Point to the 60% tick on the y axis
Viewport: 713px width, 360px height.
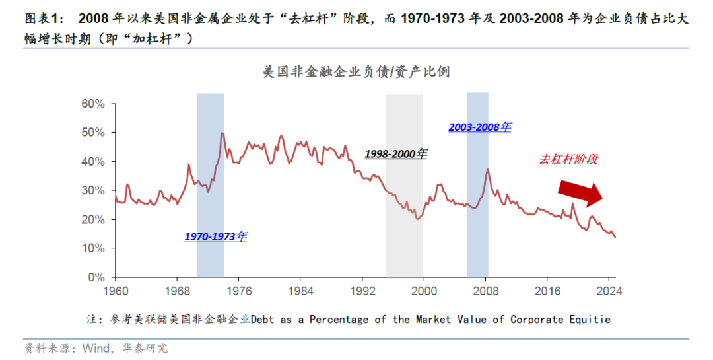point(93,104)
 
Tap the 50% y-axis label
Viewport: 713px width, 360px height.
point(93,133)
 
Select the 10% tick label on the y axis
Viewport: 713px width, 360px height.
point(93,248)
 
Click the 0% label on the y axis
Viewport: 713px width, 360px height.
point(96,277)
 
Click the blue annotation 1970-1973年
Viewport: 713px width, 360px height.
point(215,236)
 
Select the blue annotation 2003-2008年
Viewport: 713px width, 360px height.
point(479,127)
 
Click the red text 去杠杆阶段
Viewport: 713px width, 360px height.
point(568,159)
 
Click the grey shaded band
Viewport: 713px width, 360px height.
point(404,185)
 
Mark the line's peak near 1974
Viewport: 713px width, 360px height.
point(222,133)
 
